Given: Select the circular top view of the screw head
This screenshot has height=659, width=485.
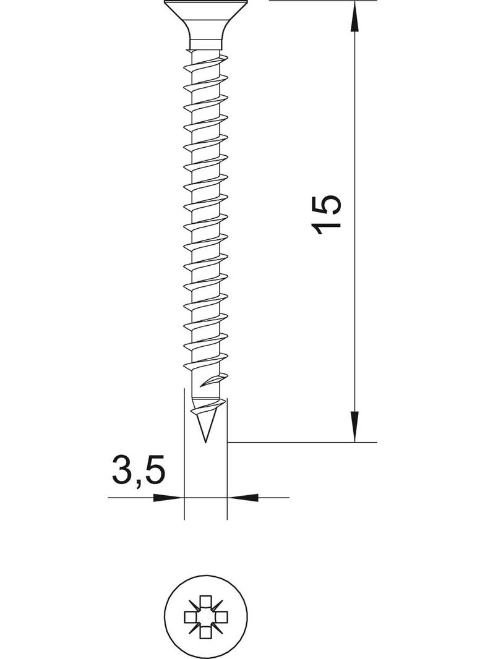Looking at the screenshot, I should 204,616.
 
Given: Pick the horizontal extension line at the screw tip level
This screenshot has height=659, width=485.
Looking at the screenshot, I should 309,442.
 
